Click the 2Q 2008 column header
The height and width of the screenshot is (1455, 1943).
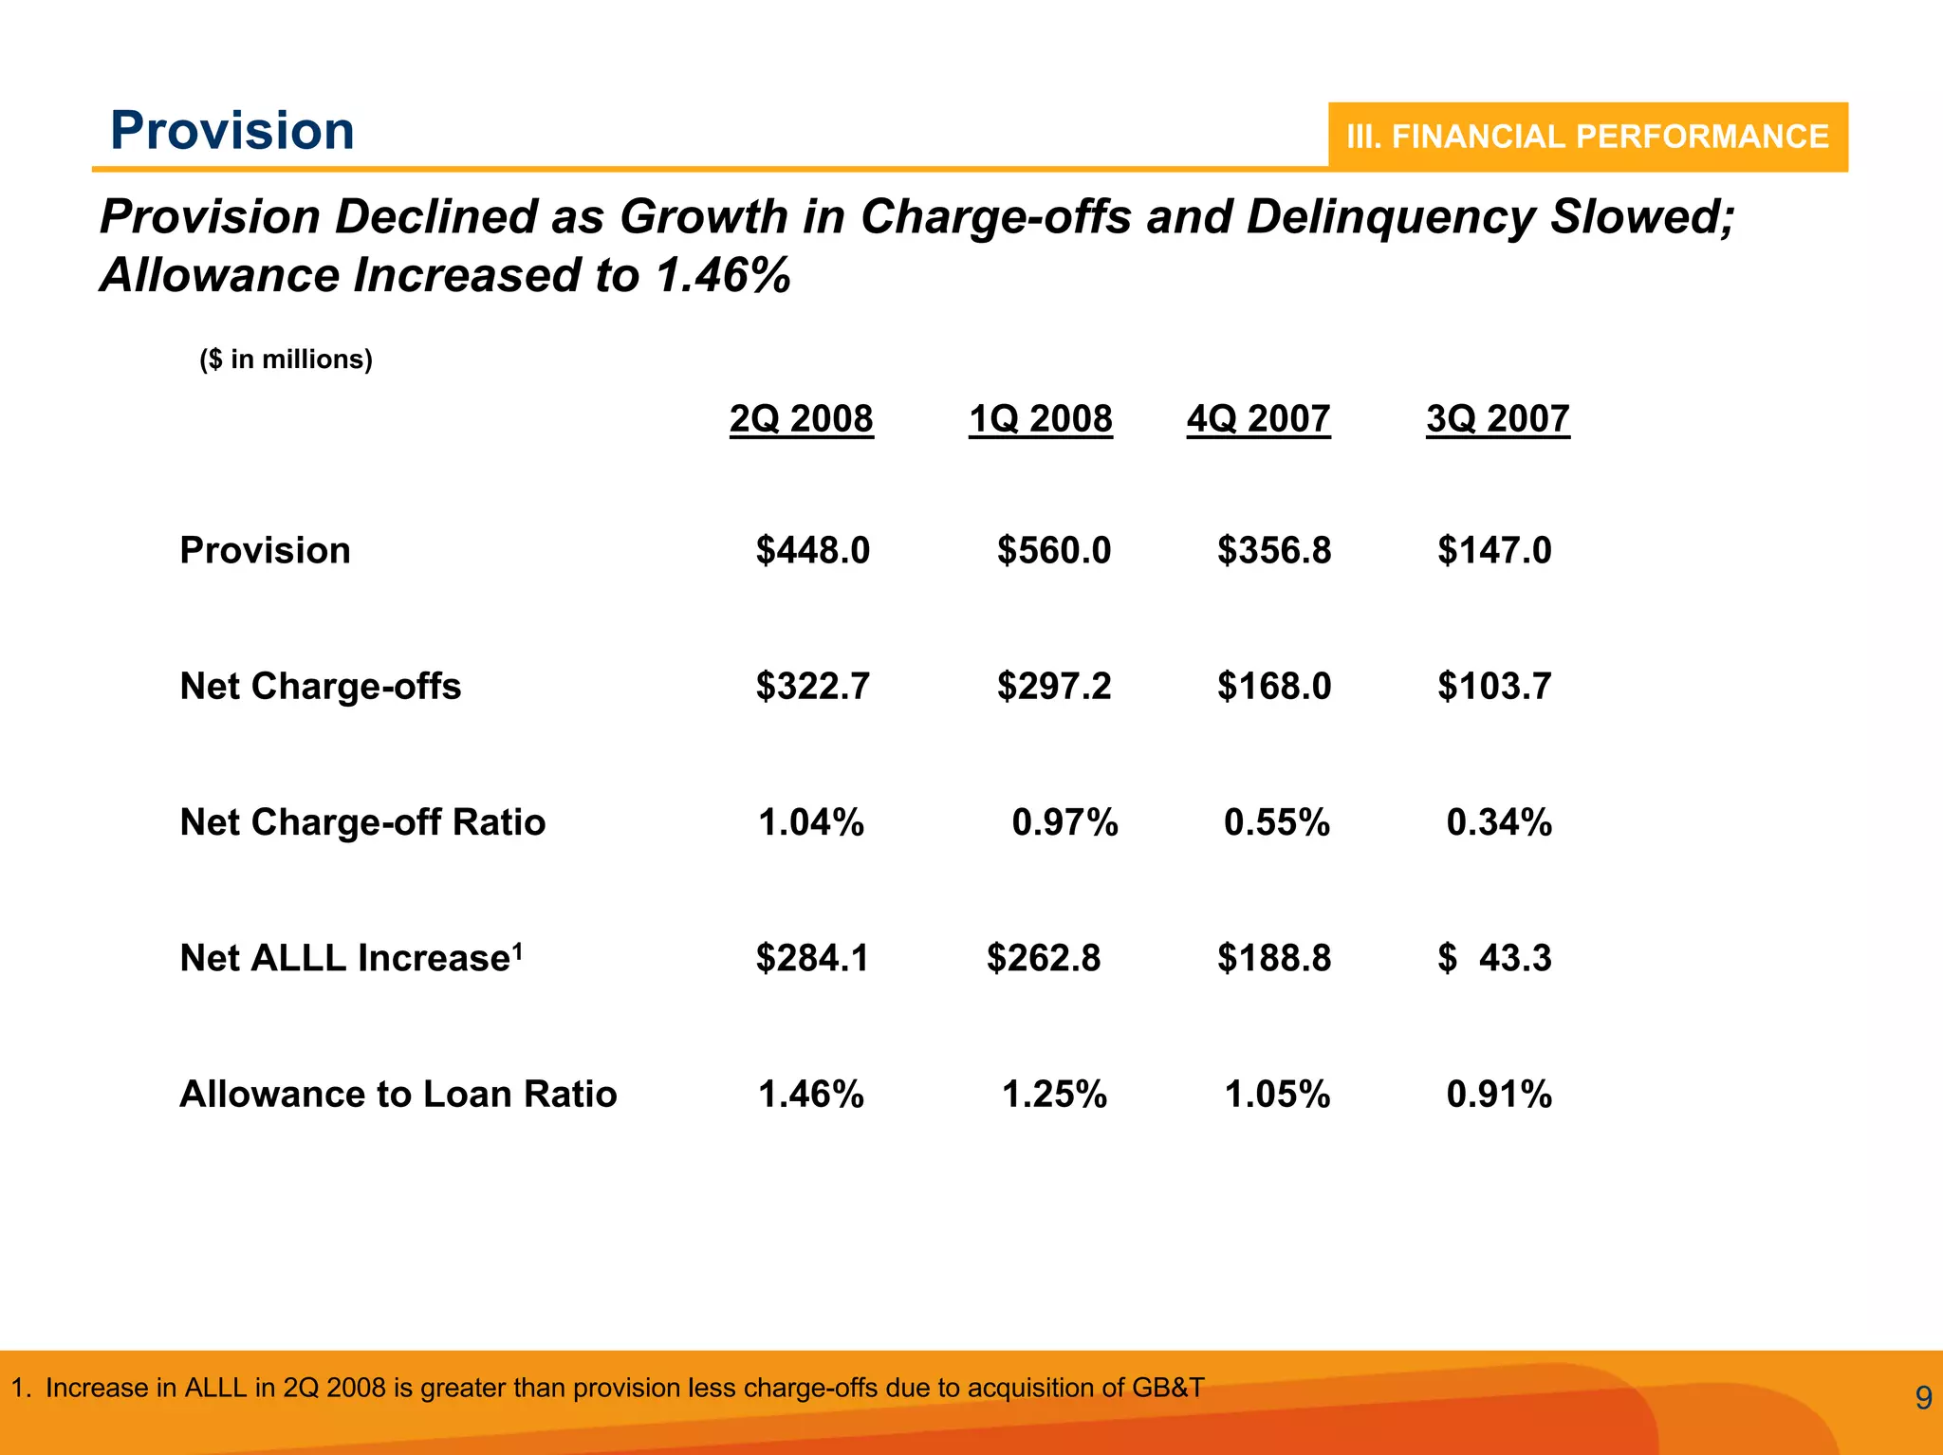801,418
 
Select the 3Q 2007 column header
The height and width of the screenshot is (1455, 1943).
1497,418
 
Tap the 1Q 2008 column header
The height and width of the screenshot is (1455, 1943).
1040,418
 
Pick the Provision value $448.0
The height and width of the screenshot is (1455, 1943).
812,550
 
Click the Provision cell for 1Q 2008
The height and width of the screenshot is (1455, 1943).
1053,550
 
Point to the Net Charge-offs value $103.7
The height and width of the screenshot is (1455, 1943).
1494,686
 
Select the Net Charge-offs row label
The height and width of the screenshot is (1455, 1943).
321,686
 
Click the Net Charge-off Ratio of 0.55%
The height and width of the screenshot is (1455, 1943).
1276,821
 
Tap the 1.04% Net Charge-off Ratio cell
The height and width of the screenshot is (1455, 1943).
810,821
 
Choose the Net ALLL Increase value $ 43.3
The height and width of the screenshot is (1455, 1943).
1494,958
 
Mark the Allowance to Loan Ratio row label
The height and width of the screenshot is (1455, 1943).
398,1094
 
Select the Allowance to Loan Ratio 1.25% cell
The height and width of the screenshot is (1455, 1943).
1054,1094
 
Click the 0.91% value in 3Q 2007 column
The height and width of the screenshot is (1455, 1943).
1498,1094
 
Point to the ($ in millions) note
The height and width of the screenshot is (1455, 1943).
286,359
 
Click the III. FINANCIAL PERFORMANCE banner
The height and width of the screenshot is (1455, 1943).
1587,137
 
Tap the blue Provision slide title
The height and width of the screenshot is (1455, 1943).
232,130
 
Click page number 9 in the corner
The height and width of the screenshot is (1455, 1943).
1923,1398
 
